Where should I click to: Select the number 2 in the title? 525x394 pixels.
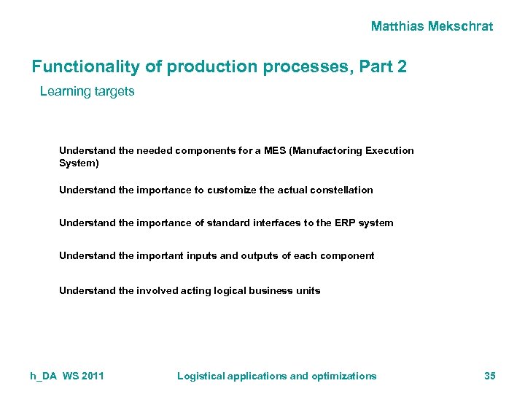point(402,67)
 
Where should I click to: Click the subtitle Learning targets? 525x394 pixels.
point(87,92)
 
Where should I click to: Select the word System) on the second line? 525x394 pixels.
point(79,163)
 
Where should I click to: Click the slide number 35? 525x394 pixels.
point(489,376)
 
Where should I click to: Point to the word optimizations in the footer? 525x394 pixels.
point(343,376)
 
